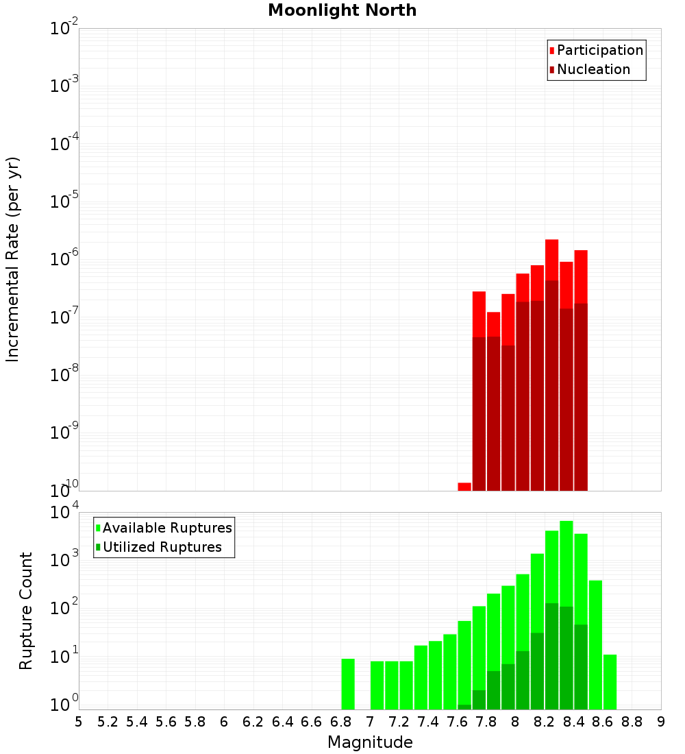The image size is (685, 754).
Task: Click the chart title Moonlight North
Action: (x=342, y=10)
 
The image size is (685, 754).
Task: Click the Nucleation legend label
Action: (x=593, y=69)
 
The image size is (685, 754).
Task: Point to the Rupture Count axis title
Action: (x=26, y=611)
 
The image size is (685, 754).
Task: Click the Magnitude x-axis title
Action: (x=370, y=742)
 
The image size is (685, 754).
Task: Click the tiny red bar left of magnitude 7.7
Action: (x=464, y=487)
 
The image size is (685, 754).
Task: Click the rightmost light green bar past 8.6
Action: (x=610, y=681)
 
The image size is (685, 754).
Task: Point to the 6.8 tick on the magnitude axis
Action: (x=341, y=722)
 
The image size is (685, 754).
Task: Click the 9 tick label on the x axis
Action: (x=661, y=722)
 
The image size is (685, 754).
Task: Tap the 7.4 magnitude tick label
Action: (x=429, y=722)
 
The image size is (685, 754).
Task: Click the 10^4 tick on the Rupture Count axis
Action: (x=65, y=512)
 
